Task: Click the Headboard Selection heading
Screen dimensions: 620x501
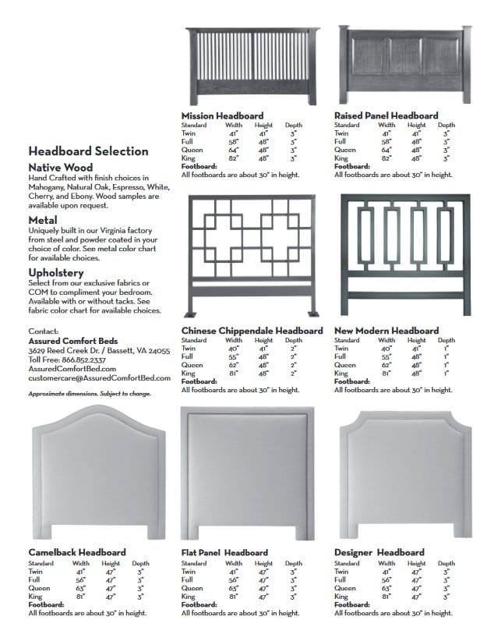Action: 87,151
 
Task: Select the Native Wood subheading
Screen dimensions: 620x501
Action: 61,167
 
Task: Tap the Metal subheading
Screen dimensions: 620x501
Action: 43,220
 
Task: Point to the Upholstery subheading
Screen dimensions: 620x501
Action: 57,272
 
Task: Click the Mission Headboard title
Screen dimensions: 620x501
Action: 222,115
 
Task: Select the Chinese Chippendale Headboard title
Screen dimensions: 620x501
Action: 252,331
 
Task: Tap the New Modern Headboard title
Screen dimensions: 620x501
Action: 386,331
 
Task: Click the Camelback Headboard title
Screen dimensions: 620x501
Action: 77,552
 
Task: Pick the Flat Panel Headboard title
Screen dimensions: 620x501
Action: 224,552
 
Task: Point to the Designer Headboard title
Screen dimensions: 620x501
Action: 379,552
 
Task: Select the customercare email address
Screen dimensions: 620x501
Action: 99,378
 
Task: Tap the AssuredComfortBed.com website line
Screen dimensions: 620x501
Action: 71,370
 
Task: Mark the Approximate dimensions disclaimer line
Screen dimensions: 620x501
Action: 90,394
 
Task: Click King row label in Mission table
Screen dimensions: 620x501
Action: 188,158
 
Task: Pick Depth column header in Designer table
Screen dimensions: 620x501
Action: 446,563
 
